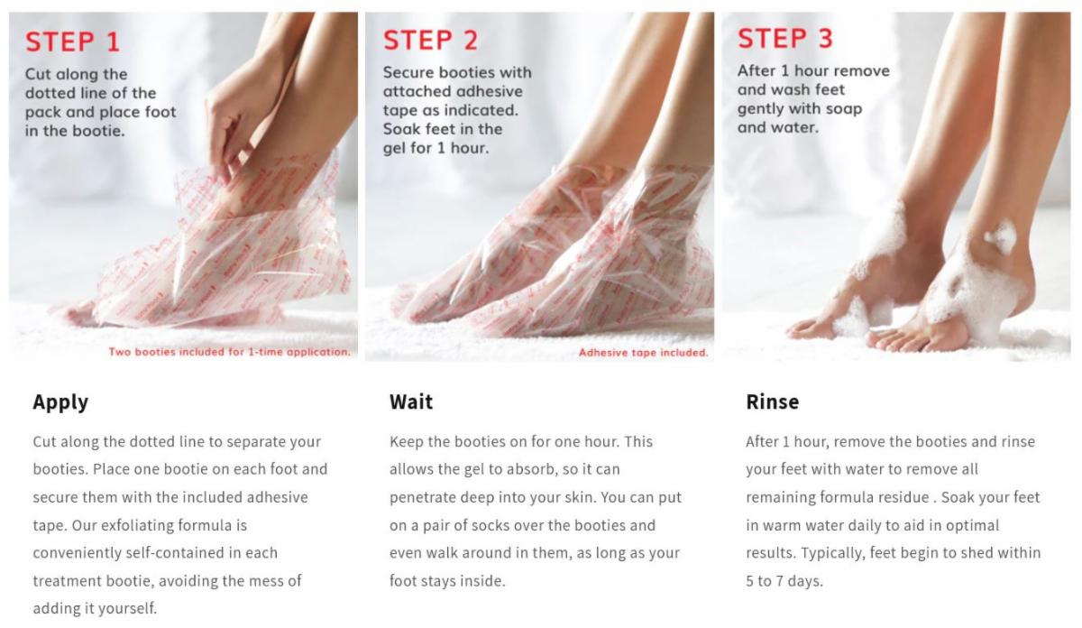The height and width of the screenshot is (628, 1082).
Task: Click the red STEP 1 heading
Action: click(72, 42)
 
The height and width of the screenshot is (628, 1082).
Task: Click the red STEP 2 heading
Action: click(430, 40)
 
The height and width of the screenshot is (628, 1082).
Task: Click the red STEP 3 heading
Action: click(785, 38)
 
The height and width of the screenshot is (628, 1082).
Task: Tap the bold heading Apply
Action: click(60, 402)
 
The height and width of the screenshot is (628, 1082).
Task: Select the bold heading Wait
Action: click(411, 402)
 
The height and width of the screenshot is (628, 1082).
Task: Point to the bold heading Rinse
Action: click(773, 402)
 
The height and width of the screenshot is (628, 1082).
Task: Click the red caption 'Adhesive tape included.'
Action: click(644, 353)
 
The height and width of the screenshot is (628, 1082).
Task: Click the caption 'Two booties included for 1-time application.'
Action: click(229, 352)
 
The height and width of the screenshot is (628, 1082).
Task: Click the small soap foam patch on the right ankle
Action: click(1001, 237)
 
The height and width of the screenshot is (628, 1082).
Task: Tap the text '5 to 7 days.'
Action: click(784, 581)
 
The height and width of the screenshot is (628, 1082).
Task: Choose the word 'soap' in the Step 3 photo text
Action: click(844, 109)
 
